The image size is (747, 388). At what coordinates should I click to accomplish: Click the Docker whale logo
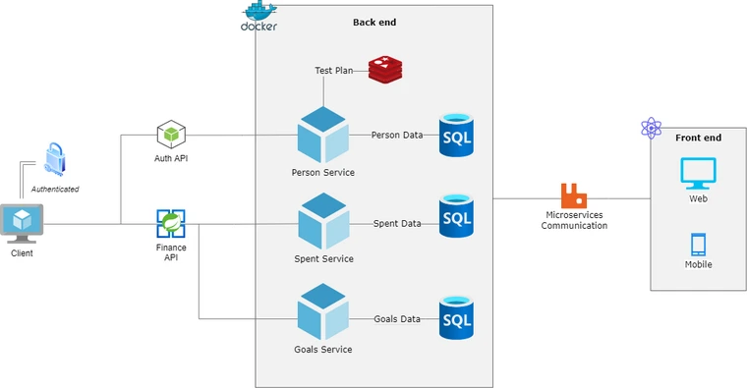pyautogui.click(x=259, y=15)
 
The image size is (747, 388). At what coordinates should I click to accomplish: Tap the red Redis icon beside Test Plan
pyautogui.click(x=385, y=69)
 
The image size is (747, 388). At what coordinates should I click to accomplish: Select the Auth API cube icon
pyautogui.click(x=171, y=135)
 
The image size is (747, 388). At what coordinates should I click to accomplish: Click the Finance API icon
pyautogui.click(x=171, y=224)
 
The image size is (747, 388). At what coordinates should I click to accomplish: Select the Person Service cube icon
pyautogui.click(x=323, y=136)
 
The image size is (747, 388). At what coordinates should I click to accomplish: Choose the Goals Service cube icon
pyautogui.click(x=323, y=313)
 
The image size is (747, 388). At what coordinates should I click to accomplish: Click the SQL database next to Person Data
pyautogui.click(x=456, y=135)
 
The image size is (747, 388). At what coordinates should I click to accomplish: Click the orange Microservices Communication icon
pyautogui.click(x=573, y=194)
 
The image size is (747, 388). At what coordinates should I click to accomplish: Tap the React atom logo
pyautogui.click(x=650, y=128)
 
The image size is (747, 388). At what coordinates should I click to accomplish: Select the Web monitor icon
pyautogui.click(x=699, y=173)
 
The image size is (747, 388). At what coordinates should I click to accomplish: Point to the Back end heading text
pyautogui.click(x=375, y=22)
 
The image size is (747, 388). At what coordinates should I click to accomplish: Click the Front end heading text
pyautogui.click(x=698, y=138)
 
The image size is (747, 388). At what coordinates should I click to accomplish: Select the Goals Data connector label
pyautogui.click(x=397, y=318)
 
